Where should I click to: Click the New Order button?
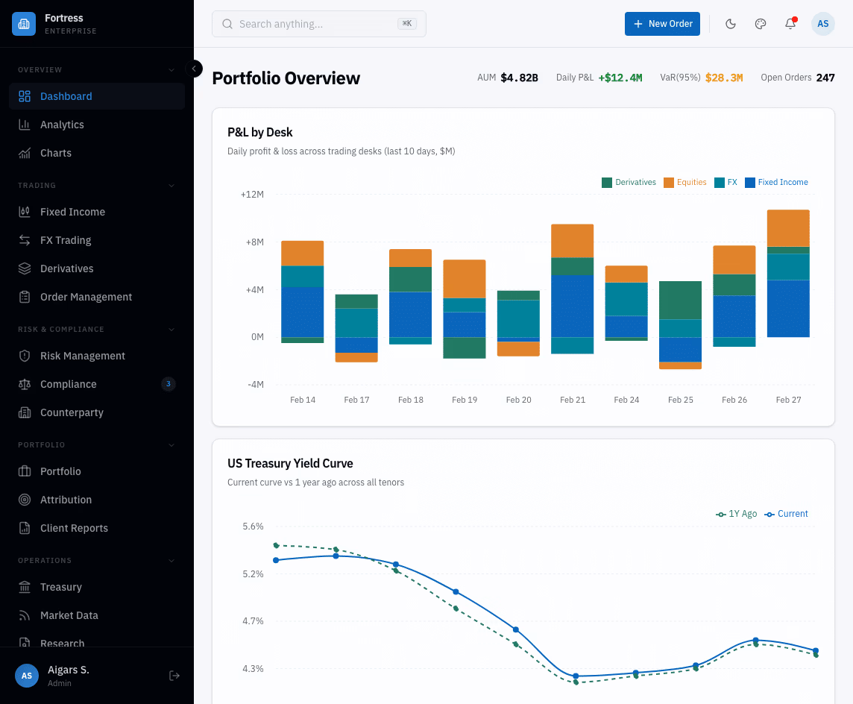662,24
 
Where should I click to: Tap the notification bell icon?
790,24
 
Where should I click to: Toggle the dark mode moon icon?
731,24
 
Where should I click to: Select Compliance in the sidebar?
69,384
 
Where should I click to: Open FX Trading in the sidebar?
66,240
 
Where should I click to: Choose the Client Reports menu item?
74,528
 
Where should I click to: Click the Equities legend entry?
685,182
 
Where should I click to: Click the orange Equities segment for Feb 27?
788,227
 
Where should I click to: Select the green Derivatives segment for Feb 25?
680,300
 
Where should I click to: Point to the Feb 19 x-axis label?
465,400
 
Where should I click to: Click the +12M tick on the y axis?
252,195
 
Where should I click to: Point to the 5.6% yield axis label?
253,527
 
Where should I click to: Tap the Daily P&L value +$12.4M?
620,78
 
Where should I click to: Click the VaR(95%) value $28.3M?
723,78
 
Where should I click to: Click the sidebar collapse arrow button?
194,69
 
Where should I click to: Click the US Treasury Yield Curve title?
290,463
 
